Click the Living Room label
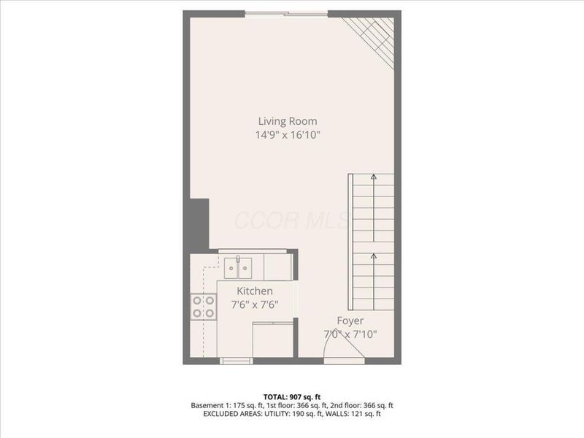288,121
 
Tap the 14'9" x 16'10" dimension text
288,135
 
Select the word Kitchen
254,291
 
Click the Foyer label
350,321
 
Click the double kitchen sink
238,267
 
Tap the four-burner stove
204,307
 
